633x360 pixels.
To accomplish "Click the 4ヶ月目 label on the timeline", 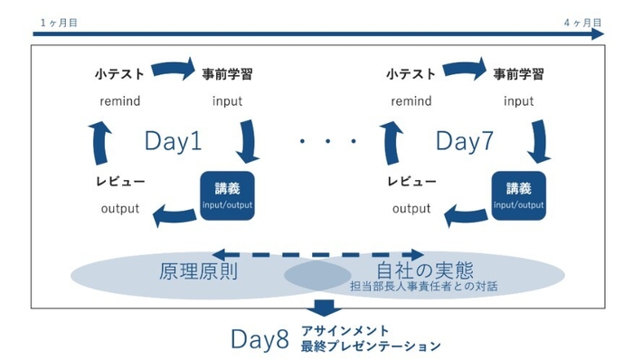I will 581,20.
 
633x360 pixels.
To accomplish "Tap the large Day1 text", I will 173,140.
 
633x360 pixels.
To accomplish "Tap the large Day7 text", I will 465,140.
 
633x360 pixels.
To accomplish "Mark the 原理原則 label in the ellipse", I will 198,270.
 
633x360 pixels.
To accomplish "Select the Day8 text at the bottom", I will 260,339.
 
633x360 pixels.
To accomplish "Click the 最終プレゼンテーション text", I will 372,346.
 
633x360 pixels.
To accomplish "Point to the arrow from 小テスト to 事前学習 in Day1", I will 173,69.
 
